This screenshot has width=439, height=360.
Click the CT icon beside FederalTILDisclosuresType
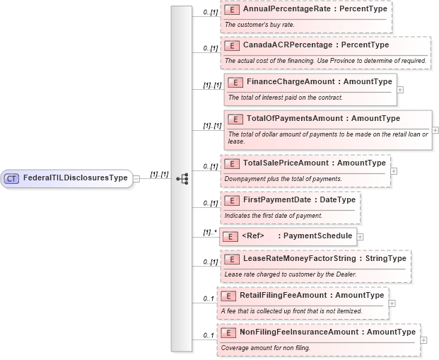tap(11, 178)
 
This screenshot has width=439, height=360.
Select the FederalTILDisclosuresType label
tap(75, 178)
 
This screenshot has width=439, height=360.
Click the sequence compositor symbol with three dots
tap(182, 178)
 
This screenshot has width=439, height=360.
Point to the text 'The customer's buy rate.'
tap(259, 25)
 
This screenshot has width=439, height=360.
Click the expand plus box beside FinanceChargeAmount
tap(401, 90)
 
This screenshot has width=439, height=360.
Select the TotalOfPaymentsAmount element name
tap(323, 118)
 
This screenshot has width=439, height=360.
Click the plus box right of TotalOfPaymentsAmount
tap(435, 130)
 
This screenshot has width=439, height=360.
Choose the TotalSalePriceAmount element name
tap(315, 163)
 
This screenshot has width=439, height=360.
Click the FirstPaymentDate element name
tap(299, 200)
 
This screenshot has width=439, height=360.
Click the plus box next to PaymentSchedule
tap(361, 237)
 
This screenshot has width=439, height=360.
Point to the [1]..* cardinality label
tap(209, 232)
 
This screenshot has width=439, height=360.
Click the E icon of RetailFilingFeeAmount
tap(228, 296)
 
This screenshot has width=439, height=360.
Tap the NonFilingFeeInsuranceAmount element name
tap(327, 332)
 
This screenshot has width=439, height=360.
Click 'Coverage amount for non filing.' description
tap(265, 347)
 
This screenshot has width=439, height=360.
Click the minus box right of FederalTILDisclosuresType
tap(136, 178)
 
